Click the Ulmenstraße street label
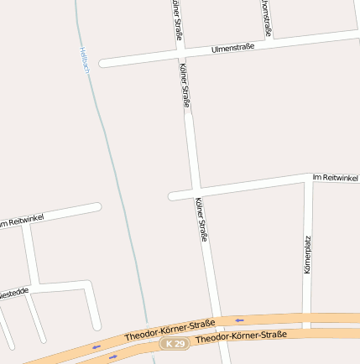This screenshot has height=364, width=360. click(233, 48)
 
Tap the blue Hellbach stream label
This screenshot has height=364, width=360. click(84, 59)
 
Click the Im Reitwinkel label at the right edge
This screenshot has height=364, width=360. click(335, 178)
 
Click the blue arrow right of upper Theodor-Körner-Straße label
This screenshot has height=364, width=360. click(240, 320)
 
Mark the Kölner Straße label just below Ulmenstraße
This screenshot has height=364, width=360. click(185, 86)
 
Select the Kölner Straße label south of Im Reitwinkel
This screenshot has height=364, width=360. click(201, 220)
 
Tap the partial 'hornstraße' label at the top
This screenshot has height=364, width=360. click(265, 18)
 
